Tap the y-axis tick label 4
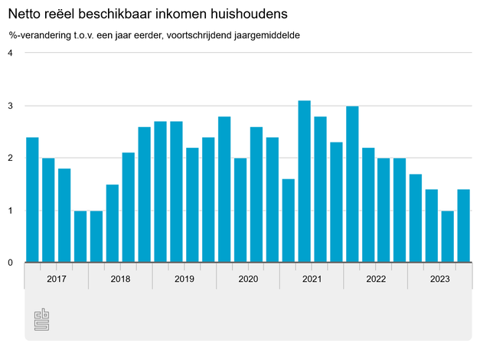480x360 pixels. coord(11,53)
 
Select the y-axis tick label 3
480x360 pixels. coord(11,106)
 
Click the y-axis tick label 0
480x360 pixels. coord(11,263)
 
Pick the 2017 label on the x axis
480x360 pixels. coord(56,279)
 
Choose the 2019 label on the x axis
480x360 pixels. coord(184,279)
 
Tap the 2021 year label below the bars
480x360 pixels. coord(312,279)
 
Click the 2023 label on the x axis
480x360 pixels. coord(439,279)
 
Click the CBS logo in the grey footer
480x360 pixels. coord(41,320)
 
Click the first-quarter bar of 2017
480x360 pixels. coord(32,200)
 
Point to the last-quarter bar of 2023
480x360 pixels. coord(463,226)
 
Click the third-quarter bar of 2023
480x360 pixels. coord(447,237)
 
